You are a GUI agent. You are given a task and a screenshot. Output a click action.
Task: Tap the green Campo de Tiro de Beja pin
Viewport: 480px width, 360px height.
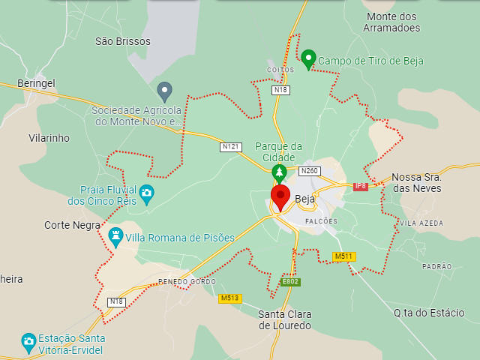pyautogui.click(x=308, y=58)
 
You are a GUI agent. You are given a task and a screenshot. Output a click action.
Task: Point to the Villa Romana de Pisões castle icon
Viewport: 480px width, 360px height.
pyautogui.click(x=115, y=237)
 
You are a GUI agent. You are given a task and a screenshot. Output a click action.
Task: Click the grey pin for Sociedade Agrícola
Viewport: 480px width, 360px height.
pyautogui.click(x=165, y=91)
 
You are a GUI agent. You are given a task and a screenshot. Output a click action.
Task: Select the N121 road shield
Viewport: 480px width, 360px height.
pyautogui.click(x=231, y=147)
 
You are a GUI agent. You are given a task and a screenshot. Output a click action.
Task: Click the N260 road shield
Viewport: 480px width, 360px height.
pyautogui.click(x=309, y=171)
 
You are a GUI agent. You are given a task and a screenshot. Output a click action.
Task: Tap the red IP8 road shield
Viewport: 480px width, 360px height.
pyautogui.click(x=361, y=186)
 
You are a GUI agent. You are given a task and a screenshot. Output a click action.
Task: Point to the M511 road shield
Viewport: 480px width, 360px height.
pyautogui.click(x=343, y=256)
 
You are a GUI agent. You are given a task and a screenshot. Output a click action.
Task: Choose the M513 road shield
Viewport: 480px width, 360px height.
pyautogui.click(x=229, y=298)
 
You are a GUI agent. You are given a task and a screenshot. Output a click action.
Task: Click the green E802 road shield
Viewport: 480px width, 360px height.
pyautogui.click(x=290, y=281)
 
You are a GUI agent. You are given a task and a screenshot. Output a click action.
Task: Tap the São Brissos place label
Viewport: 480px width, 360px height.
pyautogui.click(x=123, y=41)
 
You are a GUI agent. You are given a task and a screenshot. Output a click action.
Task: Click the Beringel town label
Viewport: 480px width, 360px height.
pyautogui.click(x=36, y=83)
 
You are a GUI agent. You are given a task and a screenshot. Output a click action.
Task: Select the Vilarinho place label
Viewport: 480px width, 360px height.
pyautogui.click(x=49, y=138)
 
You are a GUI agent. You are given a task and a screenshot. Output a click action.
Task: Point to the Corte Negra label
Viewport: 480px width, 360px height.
pyautogui.click(x=72, y=225)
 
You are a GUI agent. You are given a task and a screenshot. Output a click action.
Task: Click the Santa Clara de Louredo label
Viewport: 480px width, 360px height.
pyautogui.click(x=284, y=319)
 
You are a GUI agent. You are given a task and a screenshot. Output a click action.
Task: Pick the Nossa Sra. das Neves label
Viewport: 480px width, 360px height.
pyautogui.click(x=416, y=183)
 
